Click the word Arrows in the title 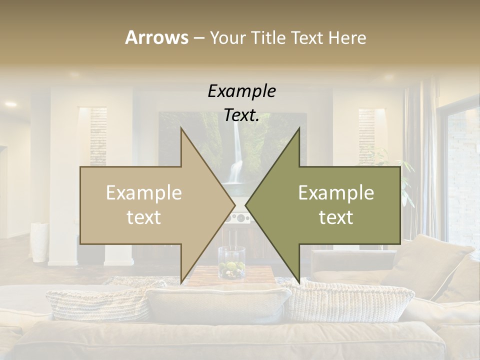tap(156, 37)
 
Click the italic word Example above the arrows tap(242, 91)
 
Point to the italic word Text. tap(242, 115)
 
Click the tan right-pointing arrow tap(150, 205)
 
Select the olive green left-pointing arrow tap(330, 205)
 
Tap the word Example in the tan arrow tap(144, 193)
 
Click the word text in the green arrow tap(336, 217)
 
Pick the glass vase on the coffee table tap(231, 262)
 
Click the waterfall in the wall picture tap(235, 160)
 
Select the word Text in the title tap(305, 37)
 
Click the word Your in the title tap(227, 37)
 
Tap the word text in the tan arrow tap(144, 217)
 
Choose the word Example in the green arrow tap(336, 193)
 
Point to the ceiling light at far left tap(10, 104)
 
